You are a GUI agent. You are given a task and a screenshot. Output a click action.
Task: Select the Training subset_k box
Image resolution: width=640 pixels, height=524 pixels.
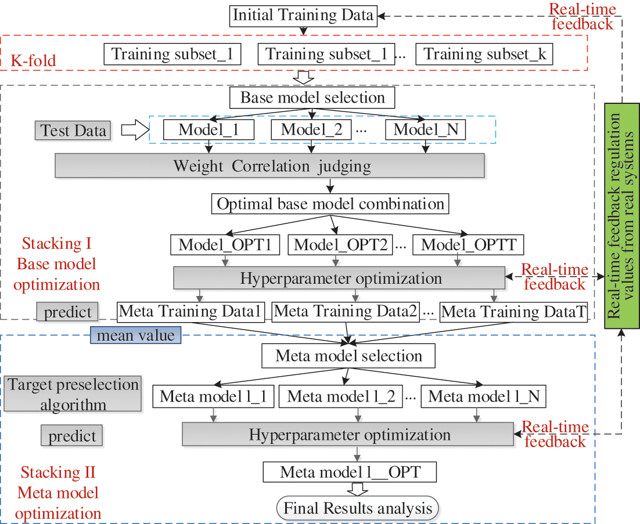485,54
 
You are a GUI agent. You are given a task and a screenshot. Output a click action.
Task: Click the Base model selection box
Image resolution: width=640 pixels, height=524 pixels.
312,97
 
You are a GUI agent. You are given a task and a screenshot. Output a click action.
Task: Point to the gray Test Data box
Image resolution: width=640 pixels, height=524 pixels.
73,130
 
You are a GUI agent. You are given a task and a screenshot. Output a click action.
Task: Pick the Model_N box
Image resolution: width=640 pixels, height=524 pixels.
426,129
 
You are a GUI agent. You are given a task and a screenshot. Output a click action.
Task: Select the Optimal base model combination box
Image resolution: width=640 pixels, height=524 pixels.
330,204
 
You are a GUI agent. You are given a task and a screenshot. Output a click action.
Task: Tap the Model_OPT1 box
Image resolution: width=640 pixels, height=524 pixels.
226,244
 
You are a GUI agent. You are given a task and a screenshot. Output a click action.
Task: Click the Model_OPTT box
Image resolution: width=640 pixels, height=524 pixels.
468,244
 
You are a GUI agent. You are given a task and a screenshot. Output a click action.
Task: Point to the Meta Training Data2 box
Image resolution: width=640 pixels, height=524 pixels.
346,312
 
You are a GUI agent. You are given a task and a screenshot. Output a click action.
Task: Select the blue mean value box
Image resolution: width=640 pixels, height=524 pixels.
135,335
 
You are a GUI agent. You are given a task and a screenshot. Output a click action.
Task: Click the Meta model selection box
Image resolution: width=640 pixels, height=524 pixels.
348,355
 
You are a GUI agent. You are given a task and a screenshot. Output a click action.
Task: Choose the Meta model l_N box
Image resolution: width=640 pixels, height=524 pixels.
484,397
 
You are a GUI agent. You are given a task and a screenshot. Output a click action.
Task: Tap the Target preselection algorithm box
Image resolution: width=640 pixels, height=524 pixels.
73,395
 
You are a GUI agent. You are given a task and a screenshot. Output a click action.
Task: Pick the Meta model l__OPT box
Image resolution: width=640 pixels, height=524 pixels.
350,472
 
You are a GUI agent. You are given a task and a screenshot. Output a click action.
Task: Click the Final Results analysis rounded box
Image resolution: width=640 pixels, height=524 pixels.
358,509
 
